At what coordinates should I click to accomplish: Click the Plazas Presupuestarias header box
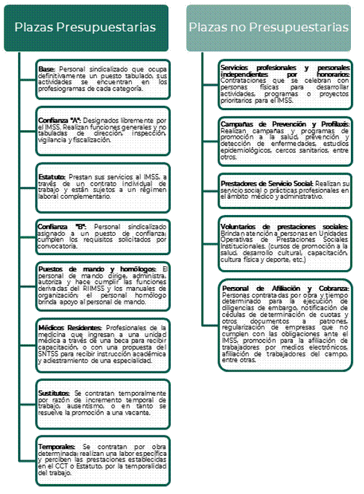(x=86, y=28)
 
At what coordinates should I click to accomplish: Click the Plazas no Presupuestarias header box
(x=269, y=28)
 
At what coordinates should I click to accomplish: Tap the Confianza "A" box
(x=103, y=130)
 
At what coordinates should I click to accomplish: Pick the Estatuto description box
(x=103, y=187)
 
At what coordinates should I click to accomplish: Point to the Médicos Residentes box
(x=103, y=345)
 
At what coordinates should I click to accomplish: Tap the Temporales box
(x=103, y=460)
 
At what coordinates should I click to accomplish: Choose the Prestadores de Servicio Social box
(x=285, y=188)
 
